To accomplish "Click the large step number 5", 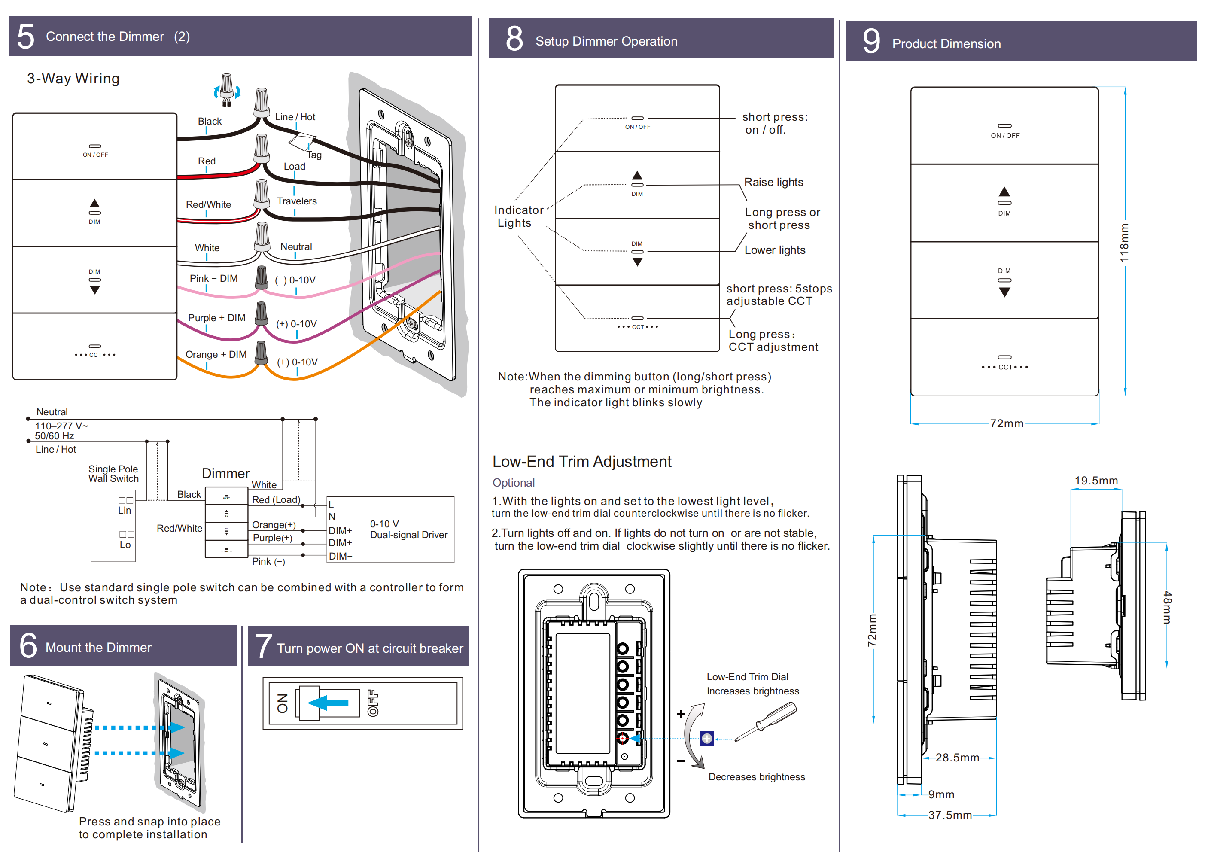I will tap(26, 37).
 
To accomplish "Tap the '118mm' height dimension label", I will tap(1124, 243).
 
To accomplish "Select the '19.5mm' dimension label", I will tap(1096, 481).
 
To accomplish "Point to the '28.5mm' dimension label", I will tap(957, 758).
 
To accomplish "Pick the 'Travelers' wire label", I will tap(297, 201).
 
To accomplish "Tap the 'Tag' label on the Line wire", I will tap(314, 155).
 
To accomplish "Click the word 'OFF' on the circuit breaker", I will tap(373, 703).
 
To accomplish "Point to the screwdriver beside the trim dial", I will tap(766, 722).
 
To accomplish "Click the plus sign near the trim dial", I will tap(681, 714).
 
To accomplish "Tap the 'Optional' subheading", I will tap(513, 482).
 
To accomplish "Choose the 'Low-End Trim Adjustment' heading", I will tap(581, 462).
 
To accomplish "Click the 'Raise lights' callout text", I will tap(773, 182).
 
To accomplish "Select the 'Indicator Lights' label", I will tap(518, 216).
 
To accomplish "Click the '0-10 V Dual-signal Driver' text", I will tap(408, 529).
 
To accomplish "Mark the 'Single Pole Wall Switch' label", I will tap(113, 474).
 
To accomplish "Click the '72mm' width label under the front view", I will tap(1006, 423).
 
